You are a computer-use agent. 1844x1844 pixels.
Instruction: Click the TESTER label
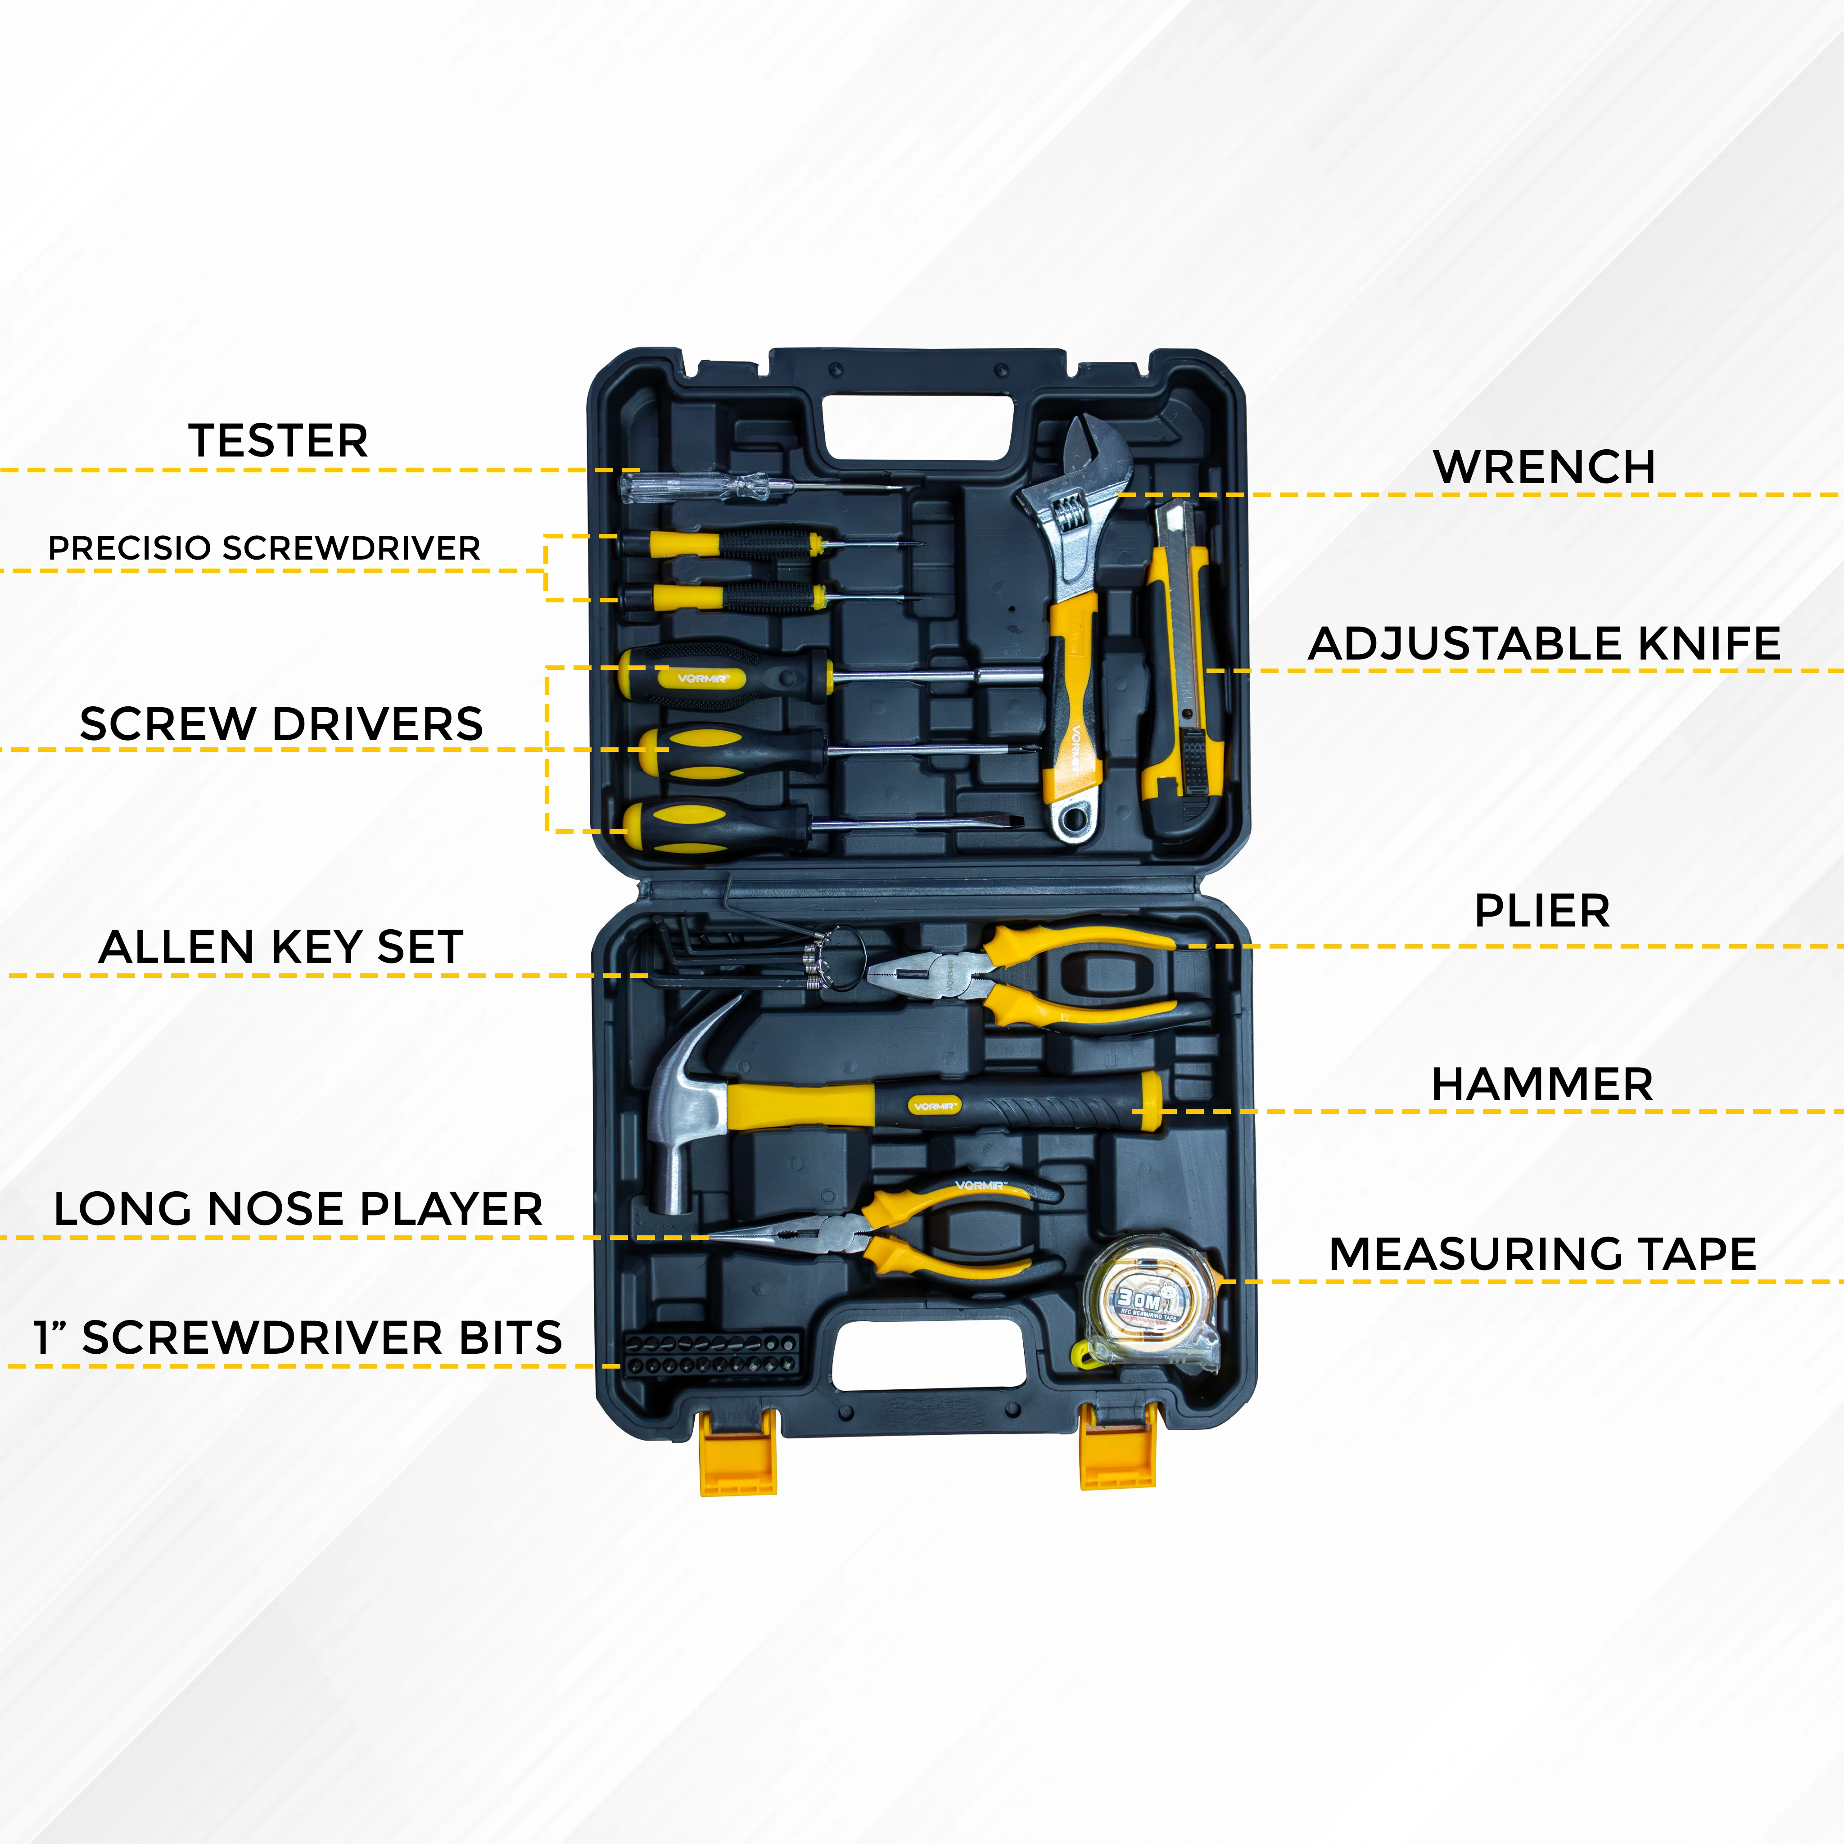coord(278,441)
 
